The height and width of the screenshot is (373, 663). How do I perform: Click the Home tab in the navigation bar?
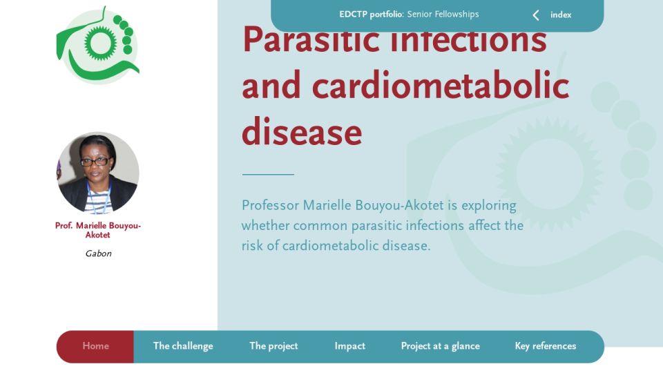pos(95,346)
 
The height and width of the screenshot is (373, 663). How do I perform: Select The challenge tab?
pos(183,346)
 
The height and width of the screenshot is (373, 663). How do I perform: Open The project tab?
pos(273,346)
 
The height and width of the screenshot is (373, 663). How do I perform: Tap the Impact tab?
pos(349,346)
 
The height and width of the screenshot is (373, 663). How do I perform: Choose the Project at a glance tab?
pos(440,346)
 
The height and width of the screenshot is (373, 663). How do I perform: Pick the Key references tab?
pos(546,346)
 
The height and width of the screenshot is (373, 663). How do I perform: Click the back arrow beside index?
pos(536,15)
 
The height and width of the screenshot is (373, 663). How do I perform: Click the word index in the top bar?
pos(561,15)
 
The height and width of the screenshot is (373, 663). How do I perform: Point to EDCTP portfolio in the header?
pos(372,15)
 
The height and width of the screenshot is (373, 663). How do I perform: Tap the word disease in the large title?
pos(302,132)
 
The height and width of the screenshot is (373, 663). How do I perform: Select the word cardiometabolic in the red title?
pos(441,86)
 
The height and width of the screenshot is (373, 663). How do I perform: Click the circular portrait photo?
pos(97,173)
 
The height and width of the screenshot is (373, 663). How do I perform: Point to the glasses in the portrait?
pos(95,162)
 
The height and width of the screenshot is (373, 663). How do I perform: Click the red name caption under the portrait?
pos(97,230)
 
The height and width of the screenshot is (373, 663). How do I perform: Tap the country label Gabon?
pos(99,254)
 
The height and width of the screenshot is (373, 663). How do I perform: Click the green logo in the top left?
pos(98,45)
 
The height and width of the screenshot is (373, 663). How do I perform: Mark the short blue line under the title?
pos(268,174)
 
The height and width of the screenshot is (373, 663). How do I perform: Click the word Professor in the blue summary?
pos(270,206)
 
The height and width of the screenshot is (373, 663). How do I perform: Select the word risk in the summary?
pos(252,245)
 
